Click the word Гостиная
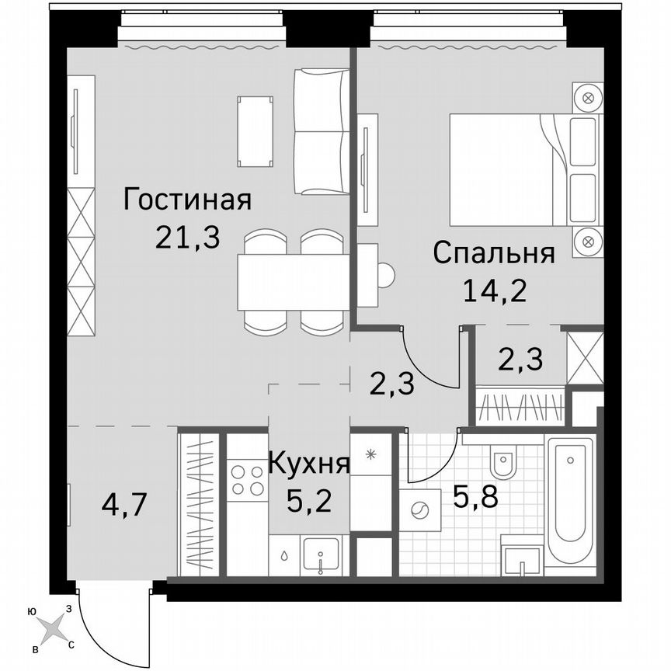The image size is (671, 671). point(188,200)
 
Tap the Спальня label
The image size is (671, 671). point(494,253)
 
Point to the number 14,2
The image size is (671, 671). point(495,291)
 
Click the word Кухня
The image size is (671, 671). point(308,464)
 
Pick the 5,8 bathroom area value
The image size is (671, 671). point(475,495)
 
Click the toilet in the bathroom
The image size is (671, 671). point(502,464)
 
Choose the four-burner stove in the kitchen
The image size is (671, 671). point(247,479)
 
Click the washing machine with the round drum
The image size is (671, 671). point(420,510)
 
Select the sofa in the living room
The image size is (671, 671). point(322,131)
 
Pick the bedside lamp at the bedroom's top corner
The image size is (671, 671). point(589,99)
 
